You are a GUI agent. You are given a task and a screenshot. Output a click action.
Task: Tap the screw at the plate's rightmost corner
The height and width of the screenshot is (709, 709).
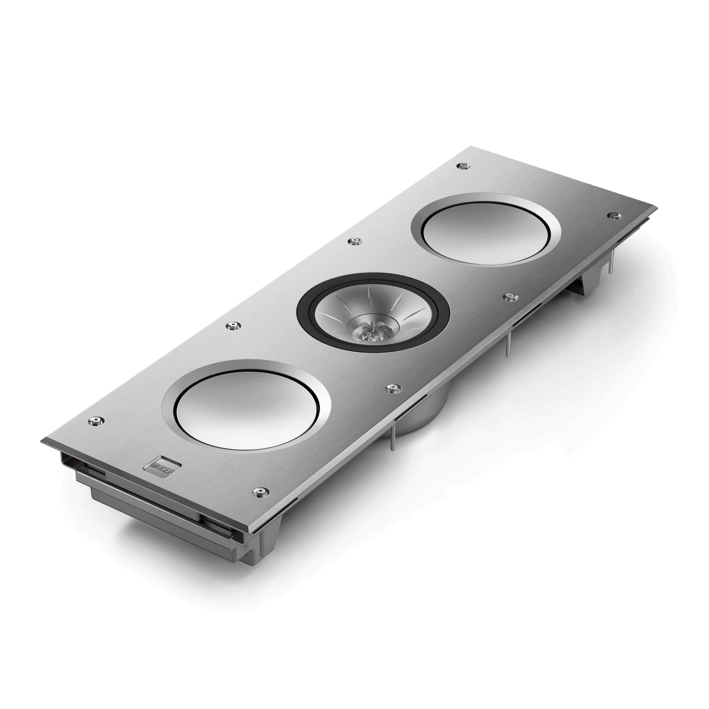coord(612,215)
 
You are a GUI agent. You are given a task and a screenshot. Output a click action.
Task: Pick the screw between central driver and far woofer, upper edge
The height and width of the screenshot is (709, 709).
coord(354,241)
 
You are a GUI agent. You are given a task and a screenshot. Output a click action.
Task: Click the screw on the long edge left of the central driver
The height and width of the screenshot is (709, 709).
coord(233,325)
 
